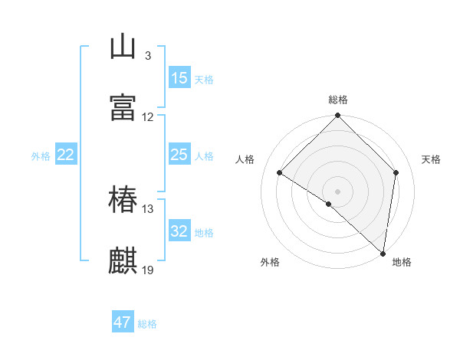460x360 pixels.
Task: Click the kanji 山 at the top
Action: (123, 47)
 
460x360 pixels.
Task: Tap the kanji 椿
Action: (123, 200)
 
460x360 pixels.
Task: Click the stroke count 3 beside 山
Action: (147, 56)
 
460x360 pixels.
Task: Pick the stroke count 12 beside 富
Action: (148, 117)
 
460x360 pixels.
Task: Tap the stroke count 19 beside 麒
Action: (148, 270)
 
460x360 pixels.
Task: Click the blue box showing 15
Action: (179, 77)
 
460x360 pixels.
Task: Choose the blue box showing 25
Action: (179, 155)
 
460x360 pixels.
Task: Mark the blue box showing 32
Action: (179, 231)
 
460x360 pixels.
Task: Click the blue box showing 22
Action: (66, 155)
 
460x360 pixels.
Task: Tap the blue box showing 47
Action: (123, 322)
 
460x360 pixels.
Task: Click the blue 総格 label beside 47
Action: (147, 324)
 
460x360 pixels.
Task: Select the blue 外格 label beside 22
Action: (41, 156)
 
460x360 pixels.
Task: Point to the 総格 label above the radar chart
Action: (338, 100)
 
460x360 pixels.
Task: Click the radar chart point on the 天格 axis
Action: (396, 172)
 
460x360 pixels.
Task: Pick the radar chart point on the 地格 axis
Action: (383, 254)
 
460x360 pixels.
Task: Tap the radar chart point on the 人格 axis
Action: (280, 173)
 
